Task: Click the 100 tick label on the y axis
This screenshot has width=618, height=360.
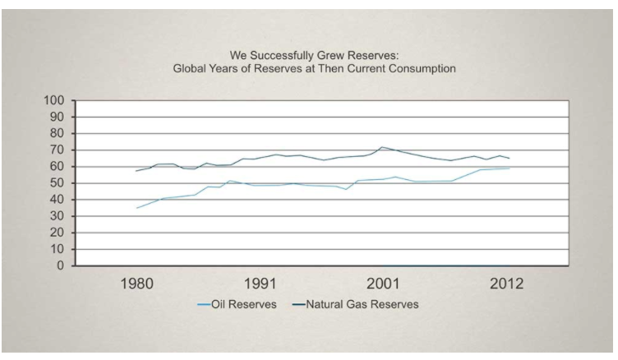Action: pyautogui.click(x=53, y=100)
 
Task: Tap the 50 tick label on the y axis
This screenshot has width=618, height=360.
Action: pyautogui.click(x=56, y=183)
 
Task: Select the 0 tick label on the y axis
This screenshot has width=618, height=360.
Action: pyautogui.click(x=60, y=265)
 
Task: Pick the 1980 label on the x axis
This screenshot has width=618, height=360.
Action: pyautogui.click(x=136, y=284)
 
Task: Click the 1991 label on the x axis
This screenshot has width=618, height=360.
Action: pyautogui.click(x=261, y=284)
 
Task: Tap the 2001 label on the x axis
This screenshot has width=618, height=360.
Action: pyautogui.click(x=383, y=284)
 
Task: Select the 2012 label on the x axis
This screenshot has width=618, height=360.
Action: pyautogui.click(x=506, y=284)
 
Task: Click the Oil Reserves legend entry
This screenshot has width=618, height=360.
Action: pyautogui.click(x=238, y=304)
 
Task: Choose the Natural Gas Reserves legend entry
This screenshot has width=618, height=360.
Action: pyautogui.click(x=356, y=304)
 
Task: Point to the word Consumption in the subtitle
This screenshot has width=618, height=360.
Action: pyautogui.click(x=422, y=69)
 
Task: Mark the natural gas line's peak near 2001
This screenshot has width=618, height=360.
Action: pyautogui.click(x=381, y=147)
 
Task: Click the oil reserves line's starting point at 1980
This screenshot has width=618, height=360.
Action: pyautogui.click(x=136, y=208)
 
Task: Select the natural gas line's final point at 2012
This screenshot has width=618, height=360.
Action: pyautogui.click(x=510, y=158)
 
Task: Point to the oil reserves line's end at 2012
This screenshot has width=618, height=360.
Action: pyautogui.click(x=510, y=168)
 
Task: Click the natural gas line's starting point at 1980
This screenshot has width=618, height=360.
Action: pyautogui.click(x=136, y=171)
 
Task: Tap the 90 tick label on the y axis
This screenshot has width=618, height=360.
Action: pyautogui.click(x=56, y=117)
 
